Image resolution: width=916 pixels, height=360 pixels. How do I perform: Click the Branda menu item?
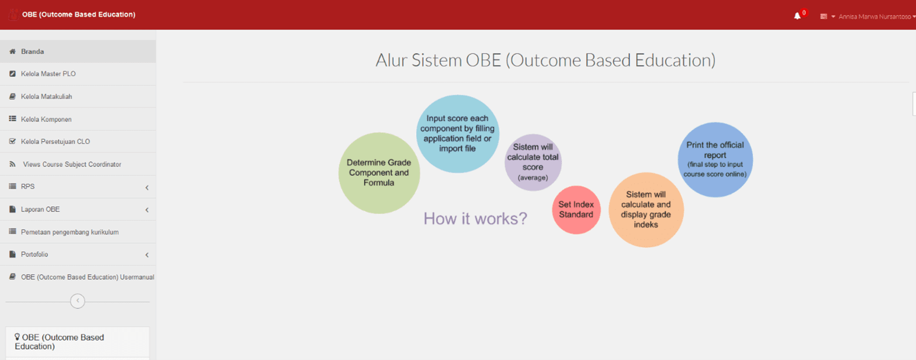(x=33, y=51)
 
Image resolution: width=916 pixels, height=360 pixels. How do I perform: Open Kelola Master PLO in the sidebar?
(x=48, y=74)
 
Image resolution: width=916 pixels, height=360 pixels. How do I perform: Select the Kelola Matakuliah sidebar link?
(x=46, y=96)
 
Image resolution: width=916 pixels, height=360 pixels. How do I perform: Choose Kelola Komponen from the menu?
(x=46, y=119)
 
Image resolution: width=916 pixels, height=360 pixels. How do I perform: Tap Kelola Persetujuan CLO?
(x=55, y=141)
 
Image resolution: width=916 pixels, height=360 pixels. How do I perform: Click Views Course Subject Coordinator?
(x=72, y=164)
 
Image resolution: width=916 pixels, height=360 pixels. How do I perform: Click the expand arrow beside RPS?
(x=147, y=188)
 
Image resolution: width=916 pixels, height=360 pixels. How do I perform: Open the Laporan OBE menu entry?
(x=40, y=209)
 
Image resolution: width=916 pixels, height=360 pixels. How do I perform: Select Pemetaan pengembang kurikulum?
(x=70, y=232)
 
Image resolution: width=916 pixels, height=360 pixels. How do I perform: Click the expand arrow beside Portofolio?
(x=147, y=255)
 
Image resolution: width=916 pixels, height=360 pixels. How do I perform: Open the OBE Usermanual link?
(x=87, y=277)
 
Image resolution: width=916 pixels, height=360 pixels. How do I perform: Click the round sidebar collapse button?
(x=77, y=301)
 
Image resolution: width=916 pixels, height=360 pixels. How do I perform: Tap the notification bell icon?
(x=797, y=16)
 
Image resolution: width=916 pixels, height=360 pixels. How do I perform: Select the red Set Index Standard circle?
(x=576, y=210)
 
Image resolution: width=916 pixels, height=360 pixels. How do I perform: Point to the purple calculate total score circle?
(x=533, y=162)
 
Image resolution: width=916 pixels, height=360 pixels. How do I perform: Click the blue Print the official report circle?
(x=715, y=160)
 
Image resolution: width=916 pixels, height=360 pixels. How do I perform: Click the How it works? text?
(x=475, y=219)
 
